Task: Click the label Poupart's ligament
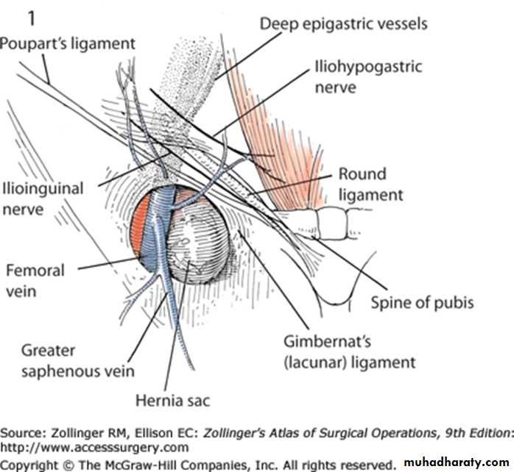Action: coord(68,43)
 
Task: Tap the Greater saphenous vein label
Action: coord(77,360)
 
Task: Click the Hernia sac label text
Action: coord(172,400)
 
